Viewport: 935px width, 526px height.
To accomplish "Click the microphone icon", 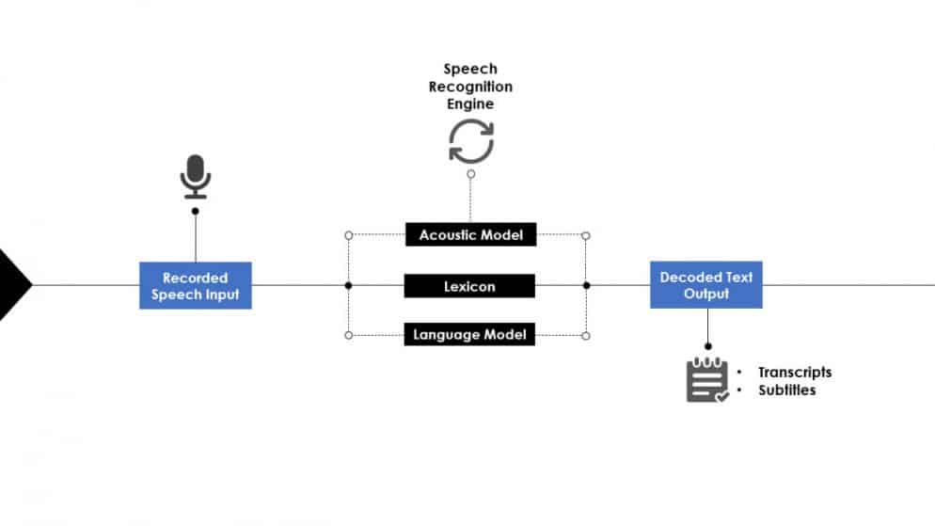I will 195,177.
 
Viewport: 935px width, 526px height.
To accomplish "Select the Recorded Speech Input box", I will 196,285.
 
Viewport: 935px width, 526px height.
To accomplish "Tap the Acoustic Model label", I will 470,234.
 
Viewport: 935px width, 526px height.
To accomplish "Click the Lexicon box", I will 469,285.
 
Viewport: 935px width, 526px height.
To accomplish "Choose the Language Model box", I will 469,334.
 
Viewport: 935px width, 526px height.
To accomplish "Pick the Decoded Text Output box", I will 705,284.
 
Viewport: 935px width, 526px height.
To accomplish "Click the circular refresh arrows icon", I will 470,141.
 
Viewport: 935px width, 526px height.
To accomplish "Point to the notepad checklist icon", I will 707,380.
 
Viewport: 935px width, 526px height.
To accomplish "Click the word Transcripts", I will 795,372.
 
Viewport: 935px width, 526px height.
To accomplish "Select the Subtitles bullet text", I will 786,390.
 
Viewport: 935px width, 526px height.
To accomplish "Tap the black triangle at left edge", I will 13,284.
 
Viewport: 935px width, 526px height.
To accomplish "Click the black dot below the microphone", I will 195,211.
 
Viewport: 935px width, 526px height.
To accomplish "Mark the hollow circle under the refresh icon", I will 470,173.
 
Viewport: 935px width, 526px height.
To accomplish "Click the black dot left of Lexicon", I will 348,285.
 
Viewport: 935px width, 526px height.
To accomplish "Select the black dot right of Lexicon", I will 586,285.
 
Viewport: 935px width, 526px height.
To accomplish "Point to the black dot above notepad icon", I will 707,346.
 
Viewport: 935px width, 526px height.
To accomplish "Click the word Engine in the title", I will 470,104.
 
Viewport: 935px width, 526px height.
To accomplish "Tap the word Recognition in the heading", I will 470,87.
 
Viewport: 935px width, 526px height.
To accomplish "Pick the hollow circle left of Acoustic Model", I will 348,234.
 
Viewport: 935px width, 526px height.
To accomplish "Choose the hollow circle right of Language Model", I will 586,335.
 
